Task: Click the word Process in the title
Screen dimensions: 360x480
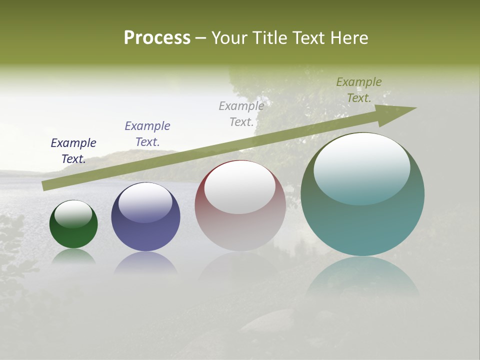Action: coord(157,38)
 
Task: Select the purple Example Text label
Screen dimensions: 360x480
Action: coord(147,134)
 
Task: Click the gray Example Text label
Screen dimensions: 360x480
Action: coord(241,114)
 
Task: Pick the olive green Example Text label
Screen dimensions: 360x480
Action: coord(359,90)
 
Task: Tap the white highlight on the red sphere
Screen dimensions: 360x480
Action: coord(240,186)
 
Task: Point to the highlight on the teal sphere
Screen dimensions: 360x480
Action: coord(362,168)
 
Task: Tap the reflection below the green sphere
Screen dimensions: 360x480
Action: coord(73,256)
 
